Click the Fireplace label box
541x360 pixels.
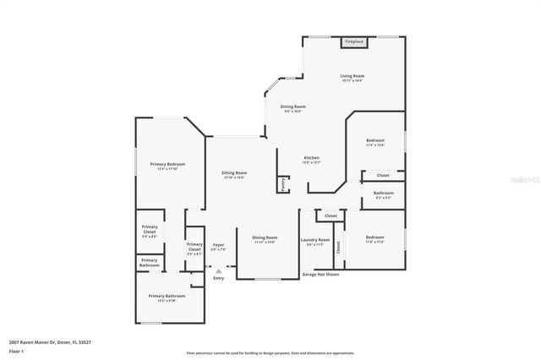coord(352,41)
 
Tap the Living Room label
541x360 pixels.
coord(352,79)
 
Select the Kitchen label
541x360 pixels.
coord(312,160)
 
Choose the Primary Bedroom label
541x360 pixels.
coord(167,166)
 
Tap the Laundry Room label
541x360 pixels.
coord(314,242)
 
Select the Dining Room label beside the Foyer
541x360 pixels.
coord(265,240)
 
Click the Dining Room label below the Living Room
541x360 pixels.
coord(293,108)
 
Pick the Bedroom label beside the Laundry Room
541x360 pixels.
coord(374,239)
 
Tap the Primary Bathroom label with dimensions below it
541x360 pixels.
coord(167,297)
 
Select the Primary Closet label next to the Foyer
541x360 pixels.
coord(194,248)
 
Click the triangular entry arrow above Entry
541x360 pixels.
coord(218,270)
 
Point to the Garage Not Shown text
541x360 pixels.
coord(320,275)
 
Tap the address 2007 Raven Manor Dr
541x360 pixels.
coord(38,341)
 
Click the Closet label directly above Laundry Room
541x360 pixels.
coord(331,216)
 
